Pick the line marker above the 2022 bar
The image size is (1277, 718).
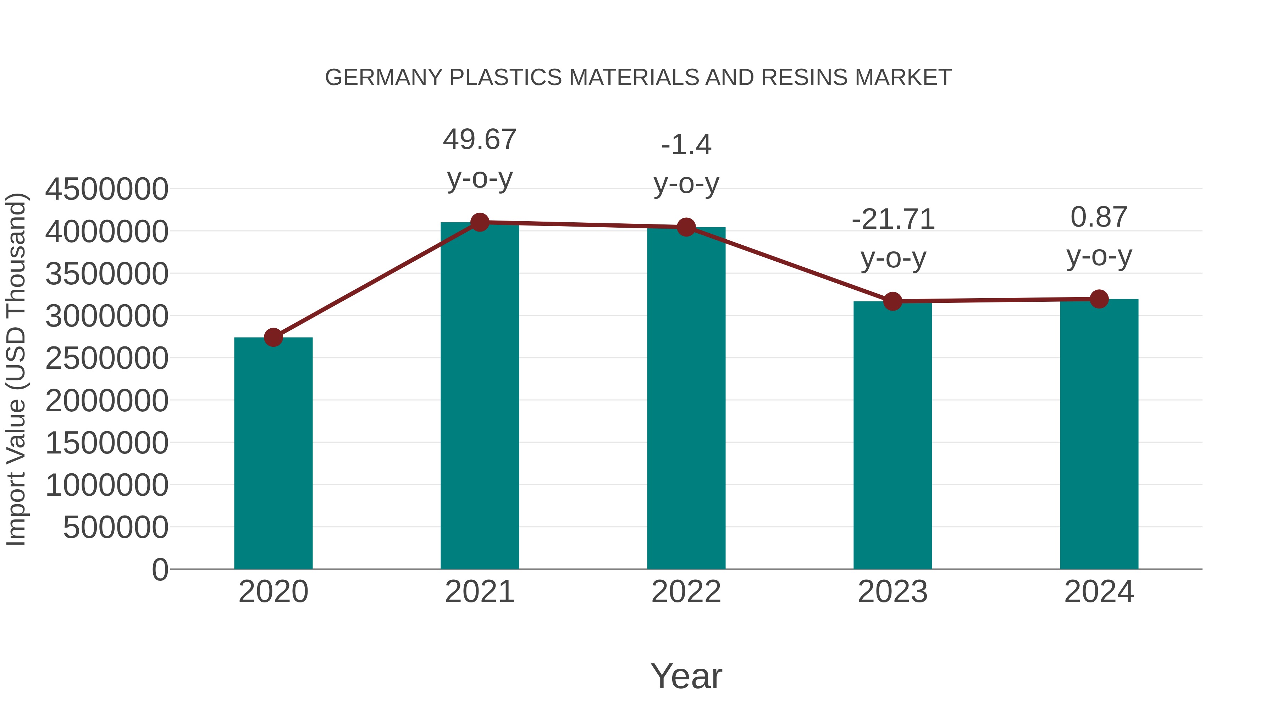[686, 227]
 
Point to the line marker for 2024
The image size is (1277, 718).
[1099, 299]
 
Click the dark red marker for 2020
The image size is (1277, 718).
[273, 338]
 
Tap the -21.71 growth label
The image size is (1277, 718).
[893, 238]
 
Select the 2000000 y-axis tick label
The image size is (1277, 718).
[106, 400]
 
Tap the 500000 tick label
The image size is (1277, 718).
[116, 527]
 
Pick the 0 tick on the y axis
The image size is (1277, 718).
[160, 569]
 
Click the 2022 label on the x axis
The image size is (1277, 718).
[686, 592]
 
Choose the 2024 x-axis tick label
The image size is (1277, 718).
[1099, 592]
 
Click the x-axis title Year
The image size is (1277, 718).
[686, 676]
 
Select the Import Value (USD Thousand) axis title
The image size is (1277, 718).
[16, 369]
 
